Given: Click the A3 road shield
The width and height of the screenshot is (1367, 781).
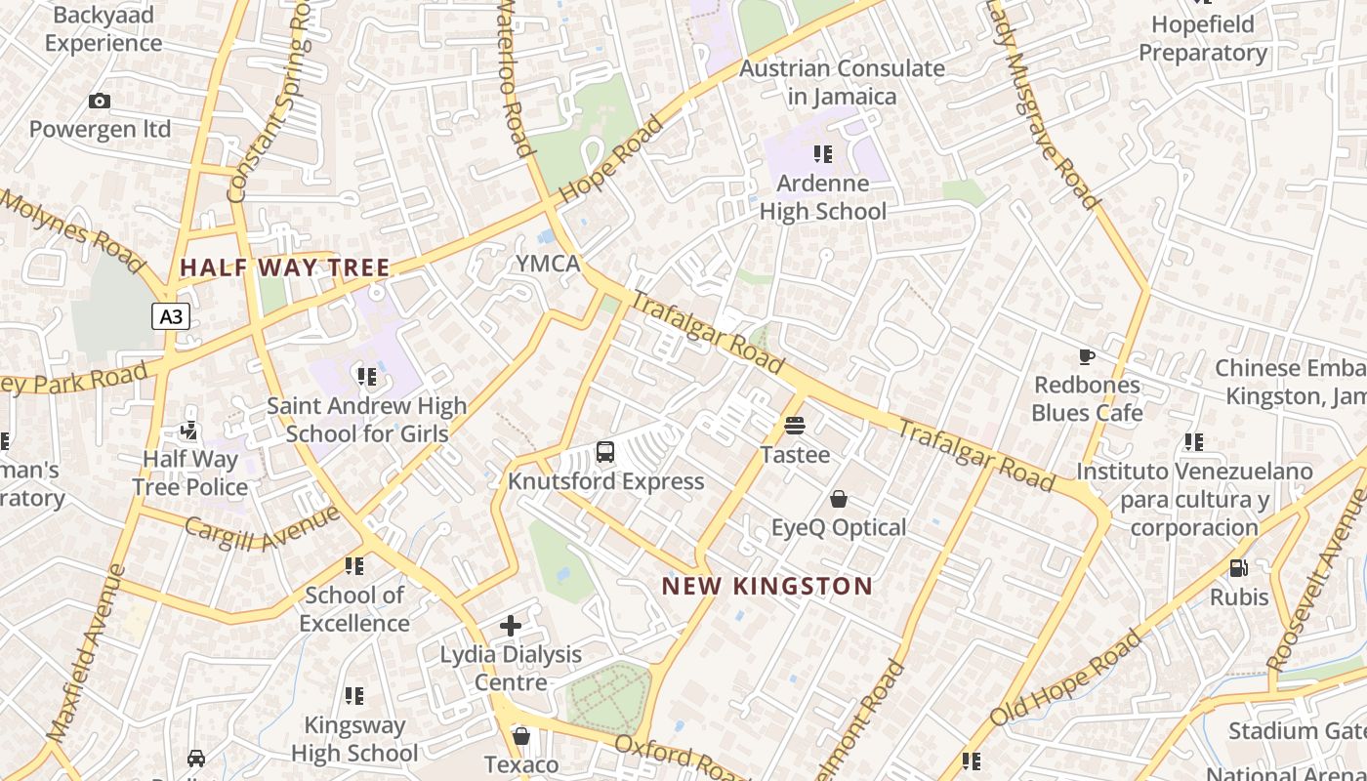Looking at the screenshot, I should click(171, 316).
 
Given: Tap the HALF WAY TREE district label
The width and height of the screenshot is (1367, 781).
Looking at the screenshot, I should click(285, 267).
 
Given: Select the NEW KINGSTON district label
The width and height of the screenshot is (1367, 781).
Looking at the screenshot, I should click(767, 586).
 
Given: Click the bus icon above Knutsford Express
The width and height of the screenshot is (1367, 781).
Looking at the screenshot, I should click(605, 452).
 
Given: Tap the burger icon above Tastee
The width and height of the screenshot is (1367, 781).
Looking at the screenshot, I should click(795, 426).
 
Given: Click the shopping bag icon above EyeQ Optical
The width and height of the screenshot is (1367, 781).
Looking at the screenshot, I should click(838, 499).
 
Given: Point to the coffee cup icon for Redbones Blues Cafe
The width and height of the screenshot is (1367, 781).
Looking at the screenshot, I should click(1087, 356).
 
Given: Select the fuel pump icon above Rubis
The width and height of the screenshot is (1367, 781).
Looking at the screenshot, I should click(1238, 567).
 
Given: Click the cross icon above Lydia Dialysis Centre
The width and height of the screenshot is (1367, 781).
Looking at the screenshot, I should click(511, 626).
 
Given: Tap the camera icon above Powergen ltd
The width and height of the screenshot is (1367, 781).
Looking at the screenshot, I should click(100, 101).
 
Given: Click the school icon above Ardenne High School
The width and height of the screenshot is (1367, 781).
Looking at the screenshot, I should click(823, 154).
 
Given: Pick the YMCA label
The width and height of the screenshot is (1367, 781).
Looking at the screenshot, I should click(548, 264).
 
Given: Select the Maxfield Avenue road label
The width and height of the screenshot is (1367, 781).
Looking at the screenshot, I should click(86, 652).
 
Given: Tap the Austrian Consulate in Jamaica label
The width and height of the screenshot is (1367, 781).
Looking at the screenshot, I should click(842, 82).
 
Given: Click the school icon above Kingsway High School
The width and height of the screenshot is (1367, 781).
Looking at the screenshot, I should click(354, 696).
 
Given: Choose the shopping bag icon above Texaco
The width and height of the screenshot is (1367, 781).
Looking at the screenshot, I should click(521, 735).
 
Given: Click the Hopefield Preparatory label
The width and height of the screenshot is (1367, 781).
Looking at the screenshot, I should click(1203, 38).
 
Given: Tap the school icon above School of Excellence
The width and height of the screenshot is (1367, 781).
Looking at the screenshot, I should click(354, 566).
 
